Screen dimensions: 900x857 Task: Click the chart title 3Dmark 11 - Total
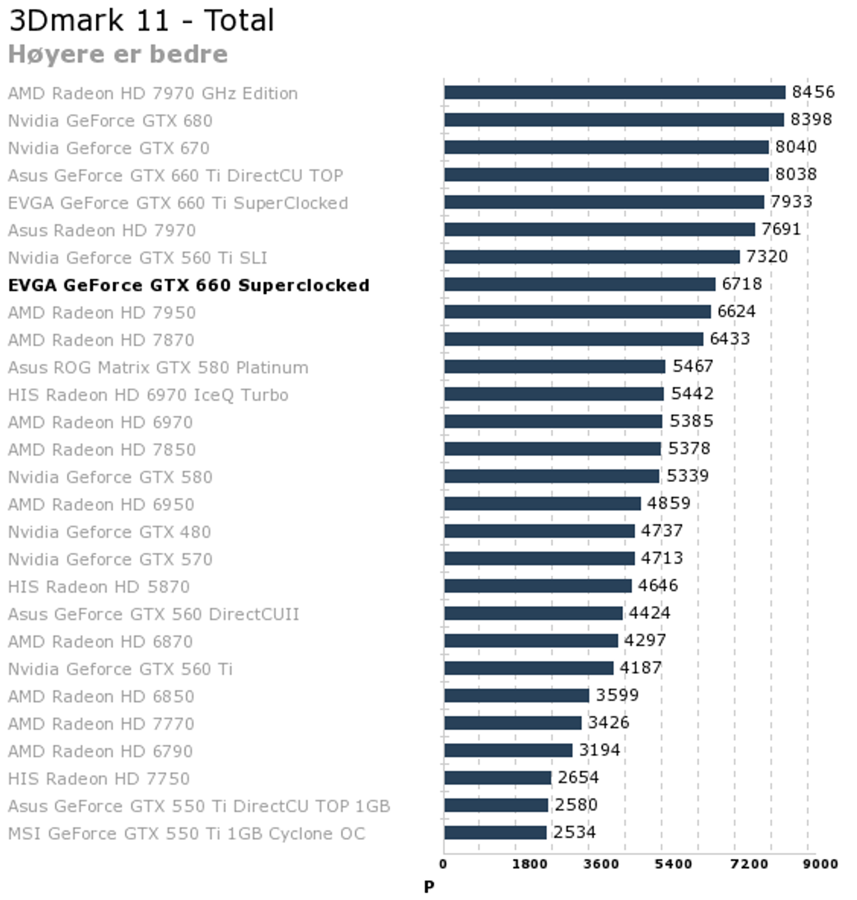coord(141,21)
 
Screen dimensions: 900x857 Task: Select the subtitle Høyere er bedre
coord(118,54)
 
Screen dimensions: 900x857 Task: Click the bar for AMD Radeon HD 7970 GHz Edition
coord(614,92)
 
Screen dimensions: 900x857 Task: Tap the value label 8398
coord(811,119)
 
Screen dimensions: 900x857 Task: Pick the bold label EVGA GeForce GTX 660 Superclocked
coord(189,285)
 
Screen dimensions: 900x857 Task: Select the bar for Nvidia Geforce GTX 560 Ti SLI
coord(592,257)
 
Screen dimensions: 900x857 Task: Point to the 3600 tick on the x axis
coord(601,864)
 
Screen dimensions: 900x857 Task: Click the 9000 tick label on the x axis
coord(821,864)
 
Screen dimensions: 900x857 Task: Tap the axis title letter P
coord(428,887)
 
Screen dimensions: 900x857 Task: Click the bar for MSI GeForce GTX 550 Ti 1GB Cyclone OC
coord(495,832)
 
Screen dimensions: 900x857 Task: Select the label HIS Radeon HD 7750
coord(99,778)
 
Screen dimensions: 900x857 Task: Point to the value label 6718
coord(742,284)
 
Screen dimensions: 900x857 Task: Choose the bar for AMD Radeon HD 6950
coord(542,504)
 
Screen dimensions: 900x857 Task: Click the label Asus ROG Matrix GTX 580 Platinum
coord(158,367)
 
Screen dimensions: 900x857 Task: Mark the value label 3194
coord(599,750)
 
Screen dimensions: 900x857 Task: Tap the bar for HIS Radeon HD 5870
coord(538,586)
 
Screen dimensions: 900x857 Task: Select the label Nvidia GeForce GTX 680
coord(110,120)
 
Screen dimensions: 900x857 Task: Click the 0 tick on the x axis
coord(443,864)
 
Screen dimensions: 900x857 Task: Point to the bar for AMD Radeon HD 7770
coord(512,722)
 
